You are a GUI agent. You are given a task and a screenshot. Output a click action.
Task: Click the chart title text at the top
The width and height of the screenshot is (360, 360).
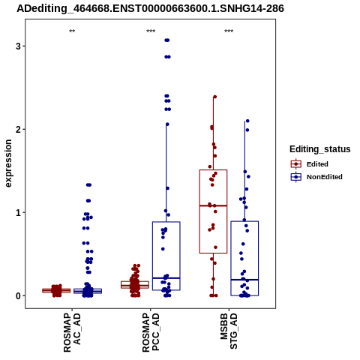[x=150, y=8]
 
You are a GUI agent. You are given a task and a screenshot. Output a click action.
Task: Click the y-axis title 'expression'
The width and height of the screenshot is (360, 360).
[x=8, y=163]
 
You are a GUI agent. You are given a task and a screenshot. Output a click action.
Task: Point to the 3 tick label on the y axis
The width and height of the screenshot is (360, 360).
[x=18, y=46]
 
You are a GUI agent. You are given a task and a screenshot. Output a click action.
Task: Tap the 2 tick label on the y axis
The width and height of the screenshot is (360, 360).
[x=18, y=129]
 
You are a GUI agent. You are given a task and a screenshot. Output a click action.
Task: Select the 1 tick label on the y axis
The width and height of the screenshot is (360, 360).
[x=18, y=212]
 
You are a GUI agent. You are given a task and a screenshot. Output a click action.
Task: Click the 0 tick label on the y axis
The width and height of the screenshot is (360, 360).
[x=18, y=295]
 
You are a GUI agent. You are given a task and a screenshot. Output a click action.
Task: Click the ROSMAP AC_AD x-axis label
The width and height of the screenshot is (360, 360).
[x=72, y=332]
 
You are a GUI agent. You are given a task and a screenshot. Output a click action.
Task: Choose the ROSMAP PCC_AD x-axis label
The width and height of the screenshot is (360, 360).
[x=151, y=332]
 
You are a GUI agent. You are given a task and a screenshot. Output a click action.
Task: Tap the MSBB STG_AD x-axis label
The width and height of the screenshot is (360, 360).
[x=229, y=331]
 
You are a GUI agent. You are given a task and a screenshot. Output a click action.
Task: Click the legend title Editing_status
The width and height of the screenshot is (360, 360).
[x=320, y=149]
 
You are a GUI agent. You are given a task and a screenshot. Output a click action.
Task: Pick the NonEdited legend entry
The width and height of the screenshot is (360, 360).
[x=316, y=177]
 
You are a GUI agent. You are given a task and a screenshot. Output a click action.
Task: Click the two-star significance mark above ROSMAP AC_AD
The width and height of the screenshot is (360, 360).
[x=72, y=31]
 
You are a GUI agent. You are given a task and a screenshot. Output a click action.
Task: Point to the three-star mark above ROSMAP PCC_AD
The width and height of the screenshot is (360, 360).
[x=151, y=31]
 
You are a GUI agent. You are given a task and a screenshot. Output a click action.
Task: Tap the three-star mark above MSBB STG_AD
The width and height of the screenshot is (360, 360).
[x=229, y=31]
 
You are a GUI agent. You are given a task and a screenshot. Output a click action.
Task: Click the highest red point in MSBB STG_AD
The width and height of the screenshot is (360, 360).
[x=214, y=97]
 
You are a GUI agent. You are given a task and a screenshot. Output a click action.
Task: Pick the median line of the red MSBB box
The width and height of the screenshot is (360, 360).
[x=213, y=205]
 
